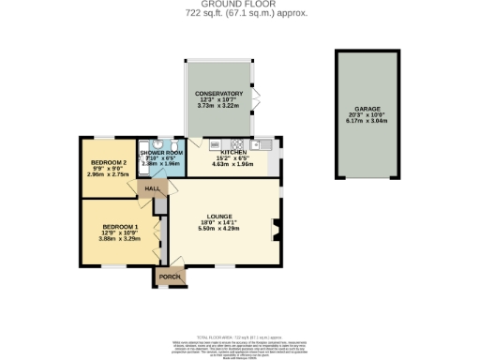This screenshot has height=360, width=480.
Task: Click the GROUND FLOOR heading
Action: tap(239, 5)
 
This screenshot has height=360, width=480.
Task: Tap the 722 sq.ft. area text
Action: tap(239, 14)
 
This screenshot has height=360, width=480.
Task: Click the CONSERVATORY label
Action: tap(218, 94)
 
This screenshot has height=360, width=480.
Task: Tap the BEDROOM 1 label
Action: tap(120, 227)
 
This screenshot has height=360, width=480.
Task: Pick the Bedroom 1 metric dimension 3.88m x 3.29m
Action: tap(120, 239)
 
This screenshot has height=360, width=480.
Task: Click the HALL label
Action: tap(151, 188)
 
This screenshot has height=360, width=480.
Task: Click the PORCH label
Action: tap(170, 277)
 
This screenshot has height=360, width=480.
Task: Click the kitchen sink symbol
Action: tap(260, 144)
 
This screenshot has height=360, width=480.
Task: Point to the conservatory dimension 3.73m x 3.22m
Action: tap(218, 106)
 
